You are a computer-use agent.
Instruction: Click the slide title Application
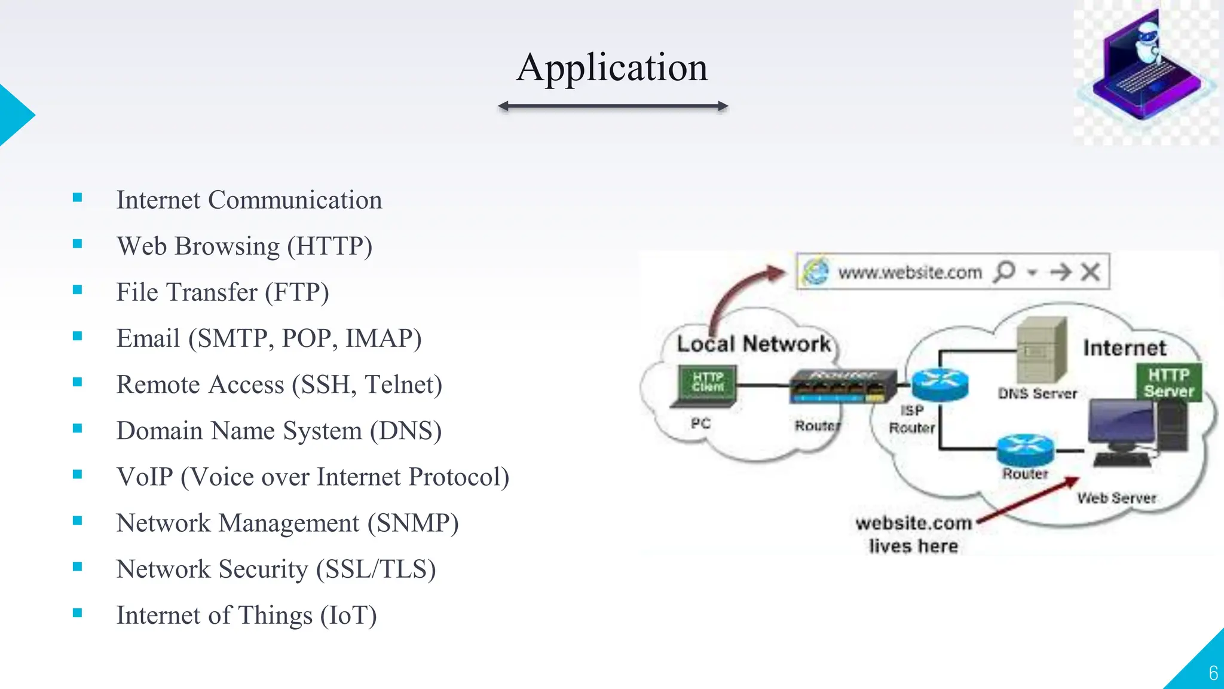click(x=612, y=67)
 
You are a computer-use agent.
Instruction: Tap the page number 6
click(x=1213, y=673)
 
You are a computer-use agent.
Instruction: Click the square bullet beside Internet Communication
click(x=77, y=198)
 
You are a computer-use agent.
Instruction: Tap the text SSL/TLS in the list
click(x=376, y=569)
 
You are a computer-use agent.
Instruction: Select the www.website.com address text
click(x=910, y=273)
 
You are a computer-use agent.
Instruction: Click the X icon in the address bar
click(x=1091, y=272)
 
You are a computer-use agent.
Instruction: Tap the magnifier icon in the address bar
click(x=1005, y=272)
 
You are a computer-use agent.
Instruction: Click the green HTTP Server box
click(x=1168, y=383)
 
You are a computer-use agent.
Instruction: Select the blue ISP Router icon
click(x=940, y=384)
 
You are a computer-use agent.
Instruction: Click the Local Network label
click(x=753, y=344)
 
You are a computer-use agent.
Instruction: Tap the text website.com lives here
click(x=913, y=535)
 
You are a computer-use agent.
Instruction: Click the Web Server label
click(x=1116, y=498)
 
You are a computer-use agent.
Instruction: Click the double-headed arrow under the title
click(x=613, y=106)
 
